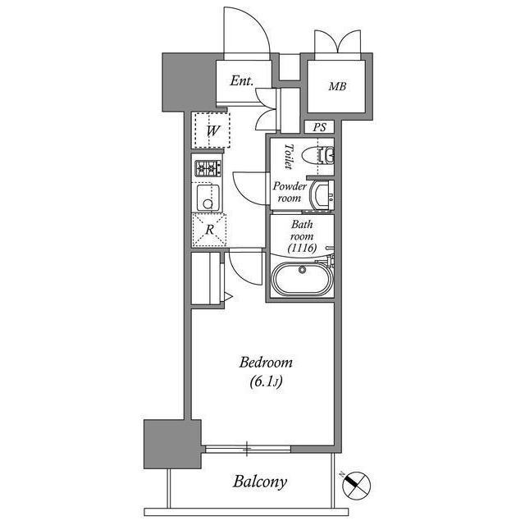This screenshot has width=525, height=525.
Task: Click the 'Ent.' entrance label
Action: (240, 81)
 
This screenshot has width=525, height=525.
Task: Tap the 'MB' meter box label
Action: (337, 86)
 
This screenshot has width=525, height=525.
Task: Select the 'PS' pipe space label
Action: (319, 127)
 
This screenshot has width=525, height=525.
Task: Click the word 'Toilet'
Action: (288, 155)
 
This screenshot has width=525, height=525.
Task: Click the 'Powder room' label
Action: (290, 192)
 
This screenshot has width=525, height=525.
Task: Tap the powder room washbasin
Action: (322, 193)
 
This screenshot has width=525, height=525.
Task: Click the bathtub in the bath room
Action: (301, 280)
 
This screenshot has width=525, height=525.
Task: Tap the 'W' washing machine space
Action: (212, 130)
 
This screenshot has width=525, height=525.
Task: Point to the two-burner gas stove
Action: (207, 169)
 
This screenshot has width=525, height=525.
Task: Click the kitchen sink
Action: (208, 197)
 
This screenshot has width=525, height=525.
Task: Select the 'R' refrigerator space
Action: (209, 230)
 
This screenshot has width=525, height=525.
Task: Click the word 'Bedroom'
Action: (266, 363)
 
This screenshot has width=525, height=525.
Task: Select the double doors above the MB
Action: (337, 43)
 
